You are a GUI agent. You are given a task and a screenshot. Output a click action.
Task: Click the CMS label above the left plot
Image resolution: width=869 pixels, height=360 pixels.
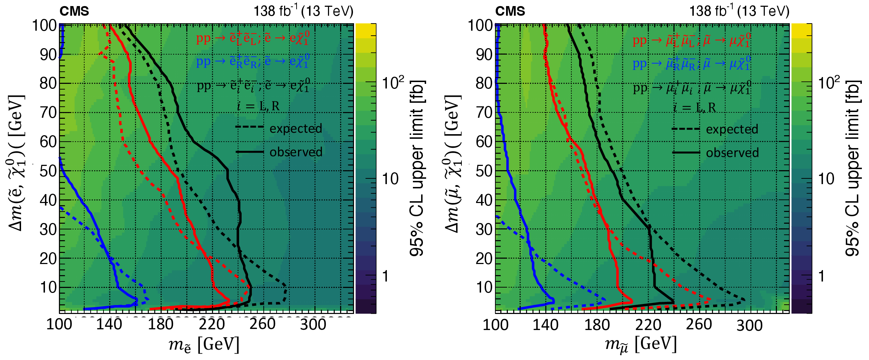74,11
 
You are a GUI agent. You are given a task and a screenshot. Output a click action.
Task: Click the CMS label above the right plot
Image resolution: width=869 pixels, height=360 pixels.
510,11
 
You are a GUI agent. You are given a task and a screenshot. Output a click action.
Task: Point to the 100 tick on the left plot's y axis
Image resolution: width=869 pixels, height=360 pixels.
45,26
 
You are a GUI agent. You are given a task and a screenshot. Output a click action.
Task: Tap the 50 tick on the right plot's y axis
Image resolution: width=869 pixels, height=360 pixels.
484,171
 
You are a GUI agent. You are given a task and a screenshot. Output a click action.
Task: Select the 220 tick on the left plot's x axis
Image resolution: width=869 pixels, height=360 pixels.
212,324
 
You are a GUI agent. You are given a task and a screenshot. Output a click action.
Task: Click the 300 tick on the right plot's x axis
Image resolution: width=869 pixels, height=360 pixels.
749,325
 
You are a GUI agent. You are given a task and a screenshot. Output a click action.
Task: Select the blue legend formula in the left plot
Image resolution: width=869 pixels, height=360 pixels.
253,61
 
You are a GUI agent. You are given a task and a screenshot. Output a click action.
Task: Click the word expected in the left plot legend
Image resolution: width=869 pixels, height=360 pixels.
296,128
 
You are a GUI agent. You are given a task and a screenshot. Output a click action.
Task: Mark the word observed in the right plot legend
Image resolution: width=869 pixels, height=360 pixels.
732,153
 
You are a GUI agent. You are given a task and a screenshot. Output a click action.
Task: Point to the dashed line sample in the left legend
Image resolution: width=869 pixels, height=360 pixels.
249,127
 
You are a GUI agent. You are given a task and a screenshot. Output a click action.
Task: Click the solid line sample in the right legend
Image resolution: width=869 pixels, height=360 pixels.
686,153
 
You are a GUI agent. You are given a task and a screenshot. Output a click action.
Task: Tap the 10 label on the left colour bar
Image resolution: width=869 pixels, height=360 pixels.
391,179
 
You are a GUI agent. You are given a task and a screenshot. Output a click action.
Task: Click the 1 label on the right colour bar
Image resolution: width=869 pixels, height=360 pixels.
822,276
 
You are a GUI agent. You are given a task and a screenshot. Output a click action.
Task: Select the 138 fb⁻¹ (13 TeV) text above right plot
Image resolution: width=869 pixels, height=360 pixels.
739,11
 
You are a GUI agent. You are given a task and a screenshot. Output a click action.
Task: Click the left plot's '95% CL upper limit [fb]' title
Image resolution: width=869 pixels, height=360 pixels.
417,168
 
